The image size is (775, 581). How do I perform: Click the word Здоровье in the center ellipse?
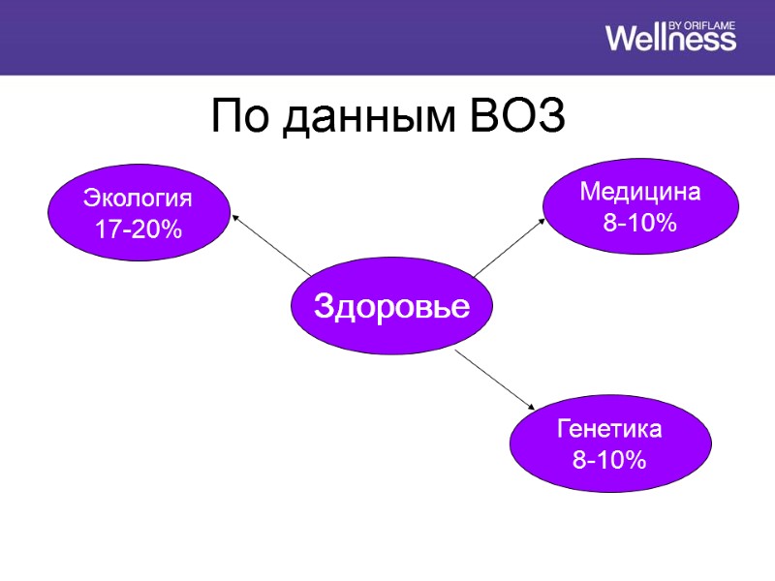tap(391, 307)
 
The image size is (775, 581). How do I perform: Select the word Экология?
tap(138, 199)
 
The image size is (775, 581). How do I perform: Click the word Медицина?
tap(639, 192)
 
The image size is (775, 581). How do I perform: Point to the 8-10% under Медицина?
tap(639, 224)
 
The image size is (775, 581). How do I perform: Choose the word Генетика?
tap(609, 428)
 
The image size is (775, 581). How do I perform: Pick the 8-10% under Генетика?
tap(609, 460)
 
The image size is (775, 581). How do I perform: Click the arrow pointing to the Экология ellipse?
tap(272, 246)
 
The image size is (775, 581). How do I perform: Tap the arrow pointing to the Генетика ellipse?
tap(495, 382)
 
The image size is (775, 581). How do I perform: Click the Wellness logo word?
tap(670, 39)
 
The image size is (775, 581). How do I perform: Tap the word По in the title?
tap(237, 118)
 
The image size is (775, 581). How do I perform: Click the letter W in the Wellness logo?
tap(624, 39)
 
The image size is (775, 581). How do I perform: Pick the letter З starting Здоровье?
tap(323, 307)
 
